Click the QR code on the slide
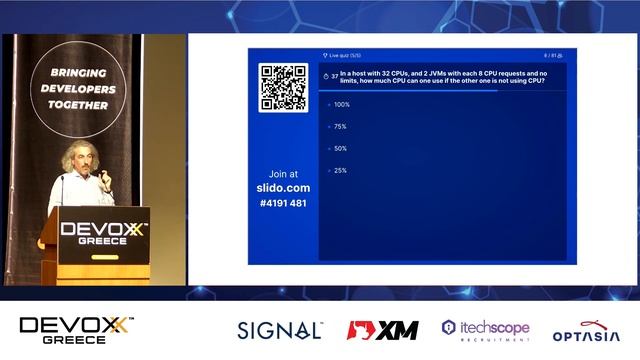(x=283, y=88)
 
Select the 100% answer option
(x=341, y=104)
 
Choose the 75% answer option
(x=340, y=126)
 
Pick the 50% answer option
(x=340, y=148)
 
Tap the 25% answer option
(x=340, y=170)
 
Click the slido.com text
(x=283, y=188)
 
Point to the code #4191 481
(x=283, y=203)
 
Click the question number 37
(x=334, y=76)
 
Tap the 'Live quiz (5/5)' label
(x=347, y=55)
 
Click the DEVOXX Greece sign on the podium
(x=104, y=233)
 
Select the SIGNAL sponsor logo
(x=280, y=330)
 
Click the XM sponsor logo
(x=383, y=330)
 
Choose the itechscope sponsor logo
(x=485, y=330)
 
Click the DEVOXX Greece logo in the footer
(x=76, y=330)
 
